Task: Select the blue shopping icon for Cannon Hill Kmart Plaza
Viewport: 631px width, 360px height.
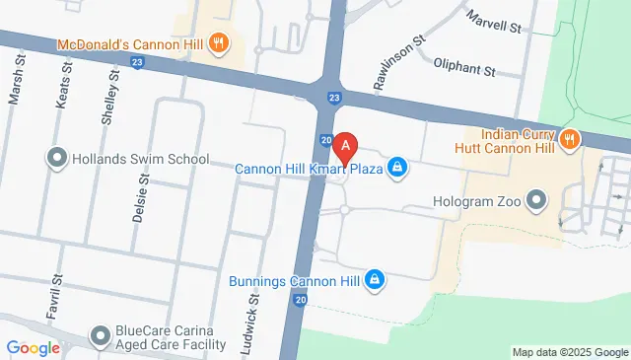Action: click(396, 168)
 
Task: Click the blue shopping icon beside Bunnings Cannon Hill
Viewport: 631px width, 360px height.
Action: click(375, 281)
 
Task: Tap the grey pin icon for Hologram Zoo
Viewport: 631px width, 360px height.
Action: click(536, 201)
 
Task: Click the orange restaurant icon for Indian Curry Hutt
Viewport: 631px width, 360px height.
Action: click(568, 140)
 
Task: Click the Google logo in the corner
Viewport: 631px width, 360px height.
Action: click(34, 347)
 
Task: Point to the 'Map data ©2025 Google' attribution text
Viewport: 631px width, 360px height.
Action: click(569, 352)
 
